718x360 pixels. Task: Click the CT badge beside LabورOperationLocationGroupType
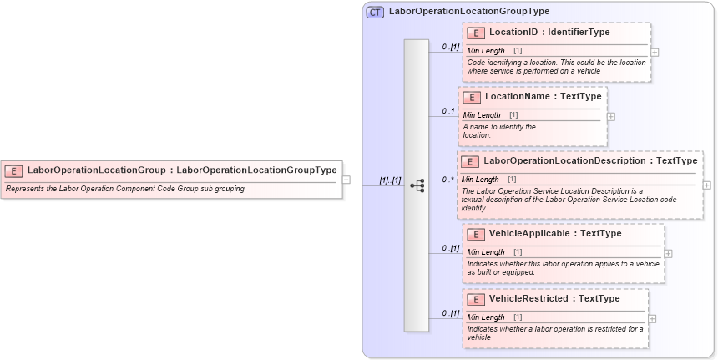pyautogui.click(x=375, y=12)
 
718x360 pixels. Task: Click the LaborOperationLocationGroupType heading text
pyautogui.click(x=469, y=12)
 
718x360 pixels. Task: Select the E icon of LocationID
pyautogui.click(x=476, y=33)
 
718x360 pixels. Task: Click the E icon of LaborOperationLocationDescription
pyautogui.click(x=470, y=161)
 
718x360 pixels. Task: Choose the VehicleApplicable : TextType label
pyautogui.click(x=554, y=234)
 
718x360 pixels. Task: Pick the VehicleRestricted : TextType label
pyautogui.click(x=554, y=299)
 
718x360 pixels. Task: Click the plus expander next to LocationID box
pyautogui.click(x=655, y=52)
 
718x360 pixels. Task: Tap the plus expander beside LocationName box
pyautogui.click(x=610, y=116)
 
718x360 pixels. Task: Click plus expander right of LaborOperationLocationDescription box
pyautogui.click(x=707, y=185)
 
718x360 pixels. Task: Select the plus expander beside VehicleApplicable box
pyautogui.click(x=669, y=251)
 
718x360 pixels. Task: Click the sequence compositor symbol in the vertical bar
pyautogui.click(x=417, y=185)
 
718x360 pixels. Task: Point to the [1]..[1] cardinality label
pyautogui.click(x=390, y=180)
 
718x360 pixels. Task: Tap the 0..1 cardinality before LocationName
pyautogui.click(x=449, y=111)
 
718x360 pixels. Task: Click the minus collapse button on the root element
pyautogui.click(x=346, y=180)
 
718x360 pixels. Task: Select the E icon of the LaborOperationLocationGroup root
pyautogui.click(x=13, y=170)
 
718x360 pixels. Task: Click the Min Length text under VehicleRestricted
pyautogui.click(x=485, y=317)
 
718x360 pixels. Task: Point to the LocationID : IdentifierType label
pyautogui.click(x=549, y=33)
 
